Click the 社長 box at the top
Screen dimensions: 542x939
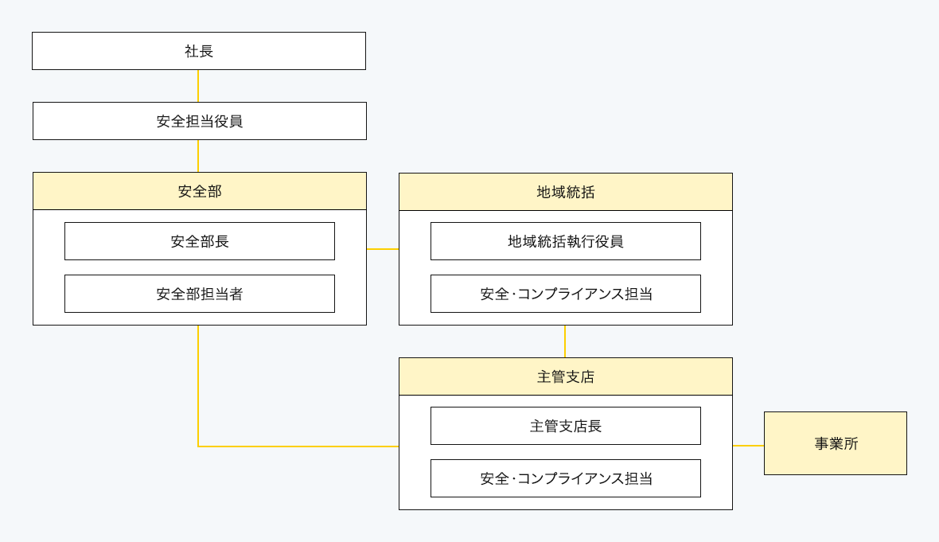(x=199, y=51)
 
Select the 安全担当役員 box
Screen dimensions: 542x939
(x=199, y=121)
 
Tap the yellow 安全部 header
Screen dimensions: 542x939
(x=199, y=191)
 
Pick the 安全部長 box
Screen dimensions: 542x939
(x=199, y=241)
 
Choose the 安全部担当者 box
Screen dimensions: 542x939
(x=199, y=294)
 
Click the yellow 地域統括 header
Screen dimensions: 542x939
(x=565, y=192)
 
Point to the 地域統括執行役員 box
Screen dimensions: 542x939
(x=565, y=241)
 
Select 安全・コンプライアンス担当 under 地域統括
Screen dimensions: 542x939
(x=565, y=294)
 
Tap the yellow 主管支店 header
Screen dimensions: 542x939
(x=565, y=376)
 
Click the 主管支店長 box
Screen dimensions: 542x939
(x=565, y=426)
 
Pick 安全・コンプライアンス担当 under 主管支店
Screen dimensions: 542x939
(x=565, y=478)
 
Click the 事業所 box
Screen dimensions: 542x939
(x=835, y=443)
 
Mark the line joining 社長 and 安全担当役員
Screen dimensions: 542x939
(x=198, y=86)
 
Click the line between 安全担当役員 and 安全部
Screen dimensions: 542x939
(x=198, y=156)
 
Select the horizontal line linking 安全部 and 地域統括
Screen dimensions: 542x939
(x=383, y=249)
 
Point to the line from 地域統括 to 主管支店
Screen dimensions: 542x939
(x=565, y=341)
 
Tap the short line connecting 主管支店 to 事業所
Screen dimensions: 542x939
(x=748, y=446)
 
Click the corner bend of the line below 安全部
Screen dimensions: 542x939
(x=198, y=446)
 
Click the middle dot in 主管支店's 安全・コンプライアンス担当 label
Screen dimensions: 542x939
(x=513, y=479)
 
